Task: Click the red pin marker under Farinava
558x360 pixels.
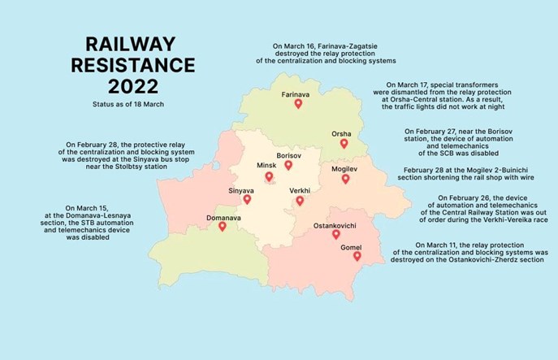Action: (298, 105)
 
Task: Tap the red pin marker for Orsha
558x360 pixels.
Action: (344, 144)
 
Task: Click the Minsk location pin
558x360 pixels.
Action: (269, 176)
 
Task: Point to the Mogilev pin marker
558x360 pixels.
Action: (345, 179)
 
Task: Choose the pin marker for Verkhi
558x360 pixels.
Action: (300, 201)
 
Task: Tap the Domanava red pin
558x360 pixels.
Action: (222, 227)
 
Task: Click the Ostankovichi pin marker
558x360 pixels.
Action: (336, 235)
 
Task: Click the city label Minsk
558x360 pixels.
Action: (266, 165)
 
